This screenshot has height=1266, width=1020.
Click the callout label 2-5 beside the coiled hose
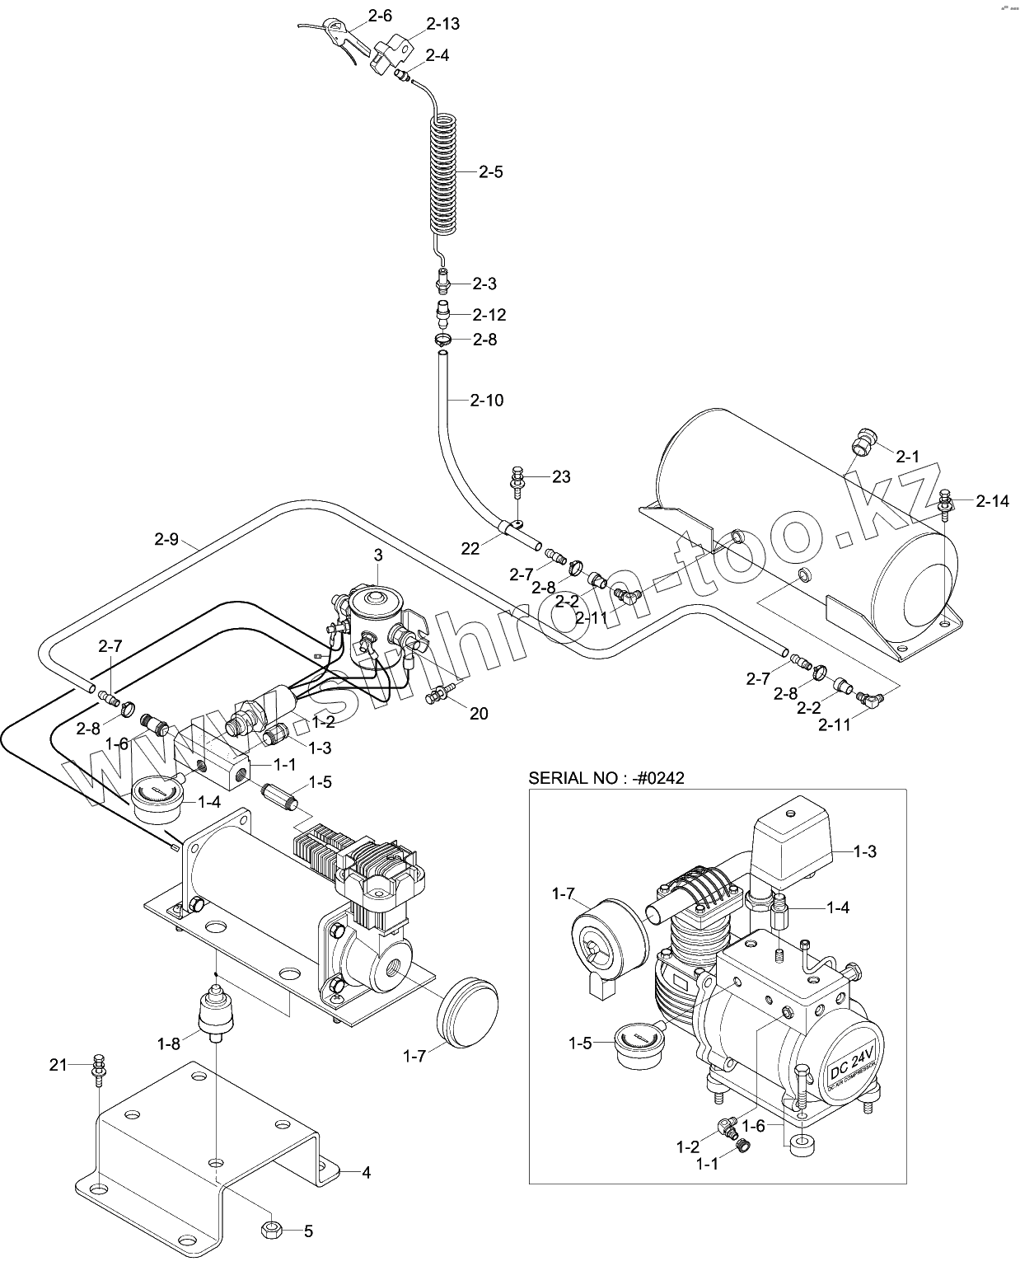coord(490,172)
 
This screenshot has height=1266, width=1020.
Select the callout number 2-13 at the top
coord(443,24)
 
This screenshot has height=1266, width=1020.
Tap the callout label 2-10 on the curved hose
coord(487,401)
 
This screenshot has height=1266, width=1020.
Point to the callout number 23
coord(561,476)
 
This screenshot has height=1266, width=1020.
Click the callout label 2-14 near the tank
coord(992,500)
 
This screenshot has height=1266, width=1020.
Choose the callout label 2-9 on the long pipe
coord(166,540)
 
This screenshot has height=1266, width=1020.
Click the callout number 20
coord(479,714)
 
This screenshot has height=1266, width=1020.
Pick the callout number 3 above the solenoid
coord(377,556)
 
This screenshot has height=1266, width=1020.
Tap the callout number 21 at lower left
coord(58,1065)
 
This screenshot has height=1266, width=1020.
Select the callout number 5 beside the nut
coord(308,1231)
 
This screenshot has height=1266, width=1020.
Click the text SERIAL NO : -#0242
coord(606,777)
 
